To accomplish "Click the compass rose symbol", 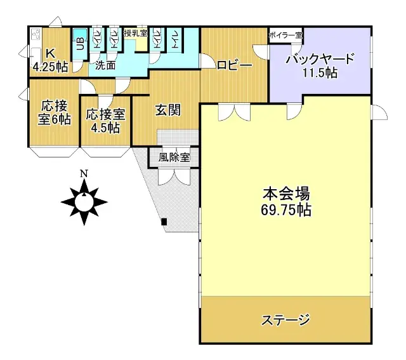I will point(84,202).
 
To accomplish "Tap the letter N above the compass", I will point(84,173).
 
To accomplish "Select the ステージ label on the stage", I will point(285,319).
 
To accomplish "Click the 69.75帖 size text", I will point(285,210).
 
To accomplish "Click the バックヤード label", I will point(319,60).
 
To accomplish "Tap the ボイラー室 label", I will point(285,34).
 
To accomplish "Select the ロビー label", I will point(234,65).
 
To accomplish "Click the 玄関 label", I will point(168,110).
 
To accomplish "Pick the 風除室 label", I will point(174,156).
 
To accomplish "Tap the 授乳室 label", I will point(136,33).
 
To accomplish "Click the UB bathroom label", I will point(80,44).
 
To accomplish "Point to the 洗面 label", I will point(105,65).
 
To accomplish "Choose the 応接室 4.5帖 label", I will point(105,120).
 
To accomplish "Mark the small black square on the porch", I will point(164,222).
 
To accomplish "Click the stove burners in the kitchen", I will point(34,35).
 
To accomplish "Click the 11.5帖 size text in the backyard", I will point(319,73).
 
